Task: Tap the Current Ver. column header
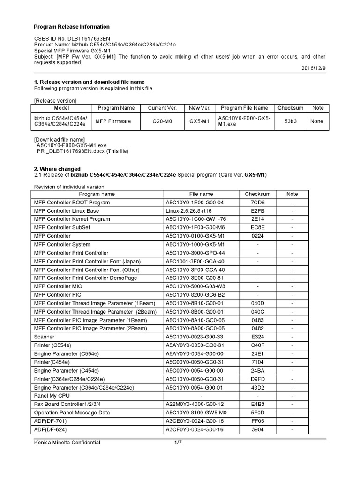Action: click(162, 108)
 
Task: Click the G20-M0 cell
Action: click(162, 121)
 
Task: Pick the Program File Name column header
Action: click(244, 108)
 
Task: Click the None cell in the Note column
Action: click(317, 121)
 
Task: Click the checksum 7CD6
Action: click(257, 202)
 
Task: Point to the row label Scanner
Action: click(45, 337)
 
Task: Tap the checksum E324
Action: click(257, 337)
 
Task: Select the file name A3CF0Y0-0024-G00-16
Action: click(195, 429)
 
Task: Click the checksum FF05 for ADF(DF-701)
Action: click(257, 421)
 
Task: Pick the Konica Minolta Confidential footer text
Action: click(67, 442)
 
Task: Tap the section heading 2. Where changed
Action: click(57, 169)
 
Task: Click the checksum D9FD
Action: click(257, 379)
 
